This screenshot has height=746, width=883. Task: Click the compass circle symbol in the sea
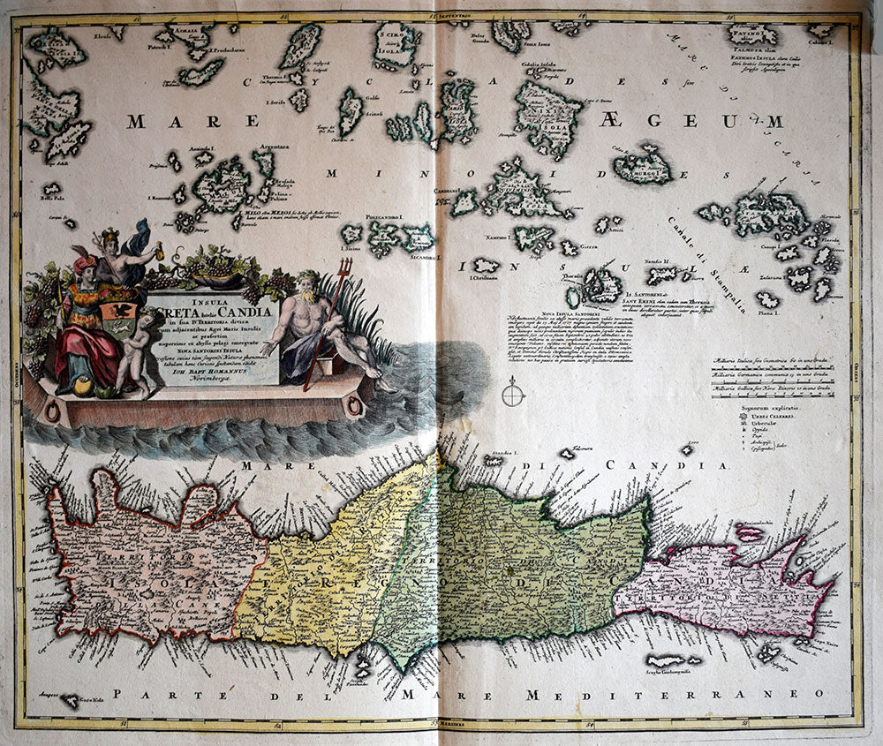(513, 390)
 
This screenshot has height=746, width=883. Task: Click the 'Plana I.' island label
(767, 311)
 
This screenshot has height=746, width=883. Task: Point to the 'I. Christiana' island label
(484, 277)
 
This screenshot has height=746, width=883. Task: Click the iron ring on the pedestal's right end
(355, 406)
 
